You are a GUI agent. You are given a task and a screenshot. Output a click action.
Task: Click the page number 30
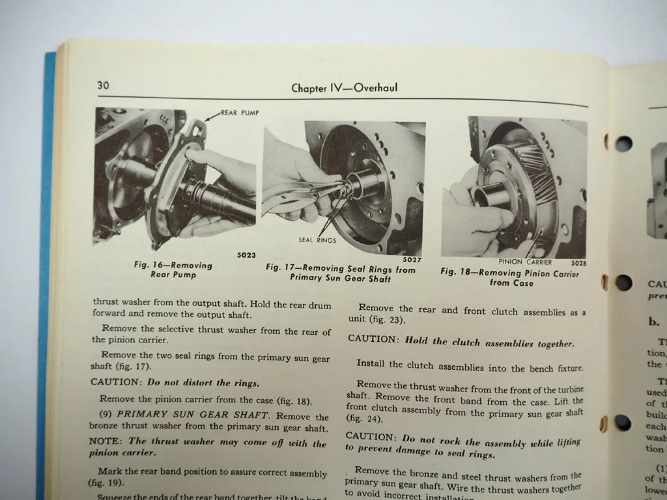point(103,85)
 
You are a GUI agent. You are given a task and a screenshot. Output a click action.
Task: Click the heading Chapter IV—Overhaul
point(344,88)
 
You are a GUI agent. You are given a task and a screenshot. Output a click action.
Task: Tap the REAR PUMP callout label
point(240,113)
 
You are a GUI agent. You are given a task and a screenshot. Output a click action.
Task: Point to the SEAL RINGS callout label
point(317,240)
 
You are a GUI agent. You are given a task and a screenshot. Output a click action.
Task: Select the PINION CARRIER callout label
point(525,262)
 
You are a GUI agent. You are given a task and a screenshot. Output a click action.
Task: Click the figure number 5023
point(246,255)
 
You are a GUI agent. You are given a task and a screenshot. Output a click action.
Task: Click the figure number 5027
point(412,260)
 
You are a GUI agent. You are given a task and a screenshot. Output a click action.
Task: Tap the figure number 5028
point(579,263)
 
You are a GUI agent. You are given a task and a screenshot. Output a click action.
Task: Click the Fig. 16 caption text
point(173,270)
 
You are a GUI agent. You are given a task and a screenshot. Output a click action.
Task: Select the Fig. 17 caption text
point(340,273)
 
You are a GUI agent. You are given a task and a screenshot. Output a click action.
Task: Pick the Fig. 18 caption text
point(510,278)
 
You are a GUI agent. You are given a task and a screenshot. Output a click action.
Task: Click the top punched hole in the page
point(624,144)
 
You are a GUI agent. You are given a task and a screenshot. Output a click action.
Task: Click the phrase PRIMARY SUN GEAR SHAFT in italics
point(193,415)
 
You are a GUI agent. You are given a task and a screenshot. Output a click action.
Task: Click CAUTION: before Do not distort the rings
point(115,382)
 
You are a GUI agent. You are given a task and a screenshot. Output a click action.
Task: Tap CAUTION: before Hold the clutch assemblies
point(374,339)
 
